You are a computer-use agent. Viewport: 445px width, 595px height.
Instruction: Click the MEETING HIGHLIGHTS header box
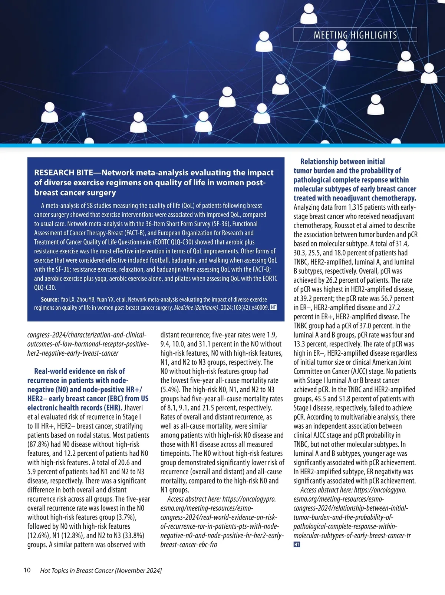point(355,35)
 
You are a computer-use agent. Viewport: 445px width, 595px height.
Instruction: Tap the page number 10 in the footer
point(27,570)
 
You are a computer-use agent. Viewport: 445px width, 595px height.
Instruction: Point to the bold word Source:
point(50,299)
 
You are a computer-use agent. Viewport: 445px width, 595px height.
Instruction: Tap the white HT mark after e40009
point(273,308)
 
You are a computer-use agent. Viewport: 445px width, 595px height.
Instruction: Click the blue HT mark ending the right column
point(297,545)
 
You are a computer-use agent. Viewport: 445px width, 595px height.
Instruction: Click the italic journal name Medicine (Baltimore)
point(196,308)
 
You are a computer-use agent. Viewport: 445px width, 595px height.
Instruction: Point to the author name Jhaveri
point(136,408)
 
